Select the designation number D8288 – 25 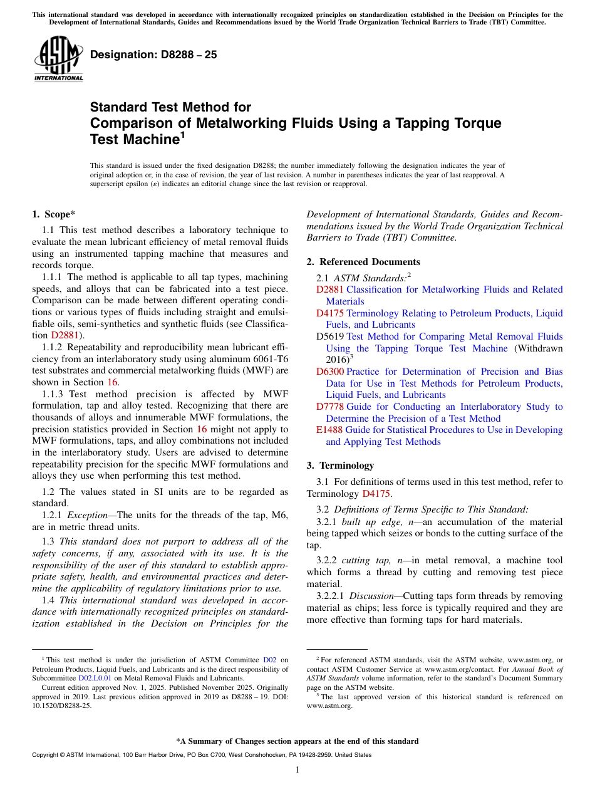153,55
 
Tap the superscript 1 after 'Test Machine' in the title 183,134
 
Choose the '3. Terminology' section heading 340,466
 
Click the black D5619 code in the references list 329,336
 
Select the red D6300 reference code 329,372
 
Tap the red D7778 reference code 329,407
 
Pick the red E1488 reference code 329,430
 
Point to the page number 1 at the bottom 297,770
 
